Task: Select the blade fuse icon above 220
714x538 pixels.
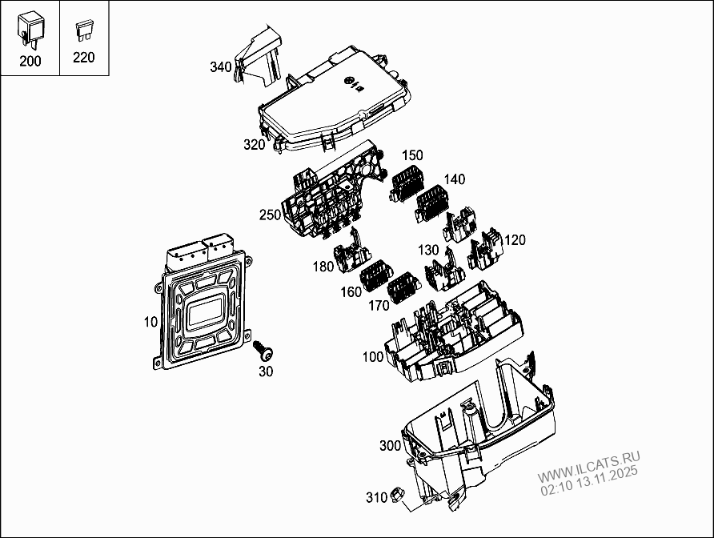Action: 82,33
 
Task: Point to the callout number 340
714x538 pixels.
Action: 221,66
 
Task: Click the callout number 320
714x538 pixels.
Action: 255,145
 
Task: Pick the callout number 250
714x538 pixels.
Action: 270,215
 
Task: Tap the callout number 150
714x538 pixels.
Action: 412,155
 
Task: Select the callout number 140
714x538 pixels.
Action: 454,179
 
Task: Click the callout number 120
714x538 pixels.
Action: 515,239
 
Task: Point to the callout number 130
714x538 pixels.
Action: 428,250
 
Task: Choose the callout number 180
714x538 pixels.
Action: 323,267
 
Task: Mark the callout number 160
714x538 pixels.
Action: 351,292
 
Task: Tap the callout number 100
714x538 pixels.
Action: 373,357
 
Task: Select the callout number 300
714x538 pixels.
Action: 390,445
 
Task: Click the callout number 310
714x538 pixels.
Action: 376,497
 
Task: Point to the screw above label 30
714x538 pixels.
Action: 263,351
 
